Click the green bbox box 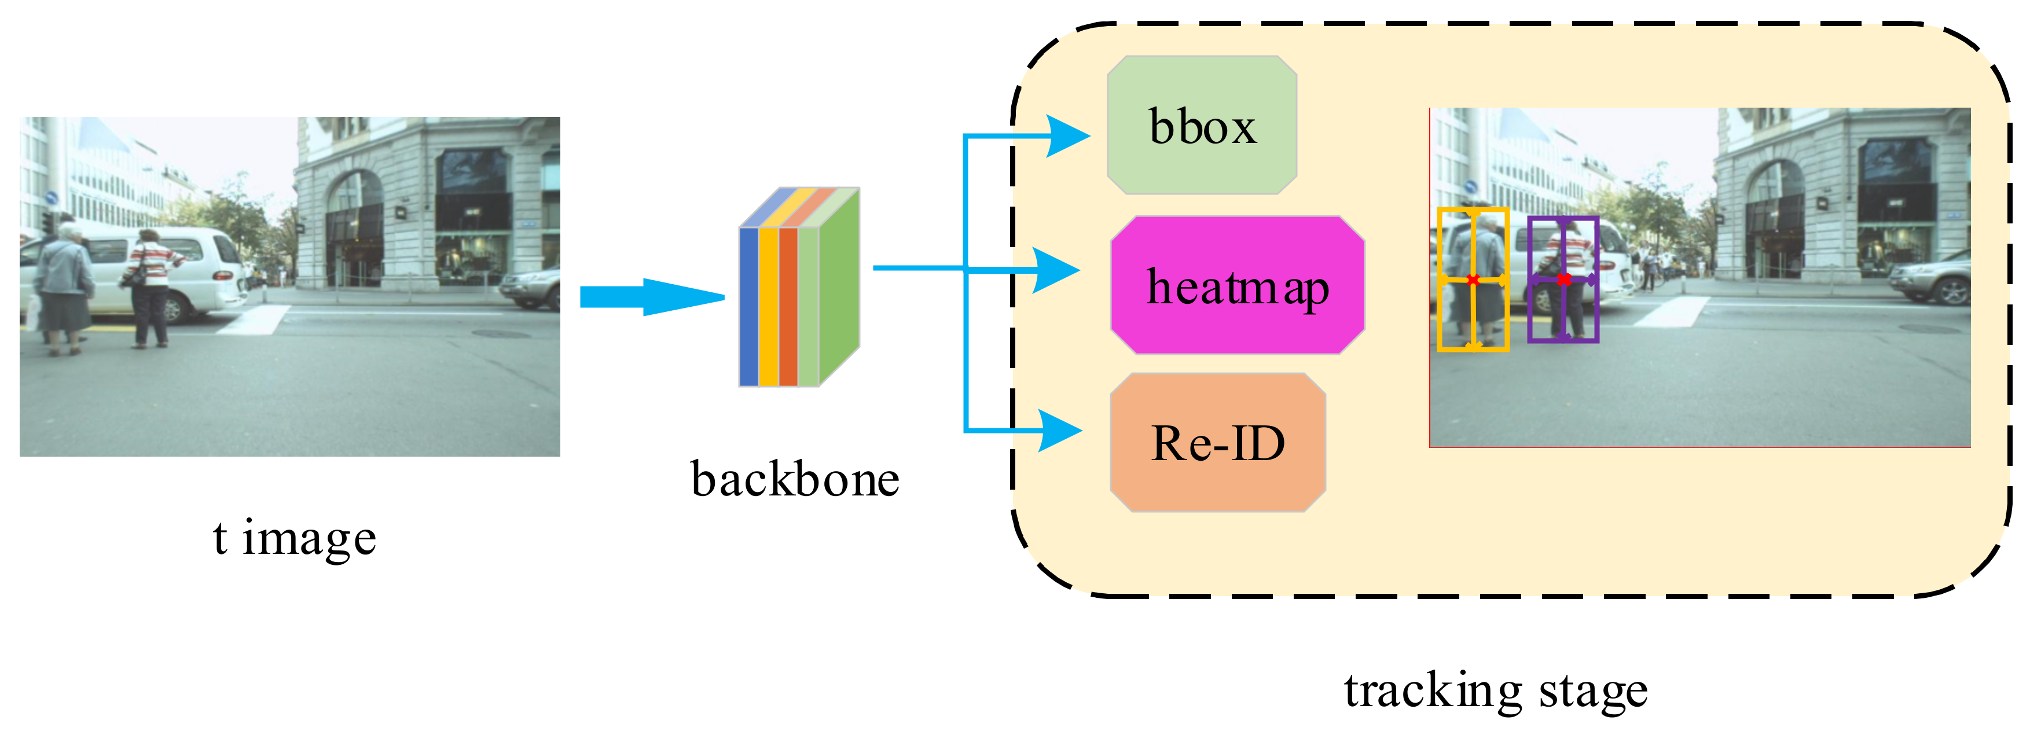1202,125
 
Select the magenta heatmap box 1237,285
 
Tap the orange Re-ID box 1217,443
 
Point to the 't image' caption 294,538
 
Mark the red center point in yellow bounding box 1473,280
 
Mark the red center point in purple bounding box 1564,279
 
